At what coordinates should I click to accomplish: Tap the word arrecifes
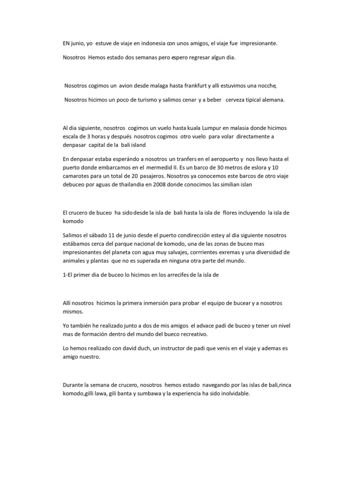174,275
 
